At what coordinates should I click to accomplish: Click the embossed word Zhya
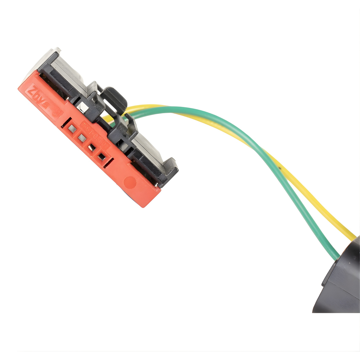[39, 98]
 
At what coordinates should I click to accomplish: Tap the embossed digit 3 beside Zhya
[57, 113]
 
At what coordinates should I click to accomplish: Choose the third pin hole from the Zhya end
[92, 148]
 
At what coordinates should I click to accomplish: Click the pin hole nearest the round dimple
[102, 156]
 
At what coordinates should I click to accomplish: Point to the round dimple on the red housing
[130, 182]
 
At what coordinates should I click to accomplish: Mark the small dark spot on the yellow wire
[280, 168]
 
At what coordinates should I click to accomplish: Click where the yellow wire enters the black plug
[353, 238]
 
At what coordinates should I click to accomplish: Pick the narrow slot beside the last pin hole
[109, 163]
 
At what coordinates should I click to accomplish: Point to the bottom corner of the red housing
[143, 206]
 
